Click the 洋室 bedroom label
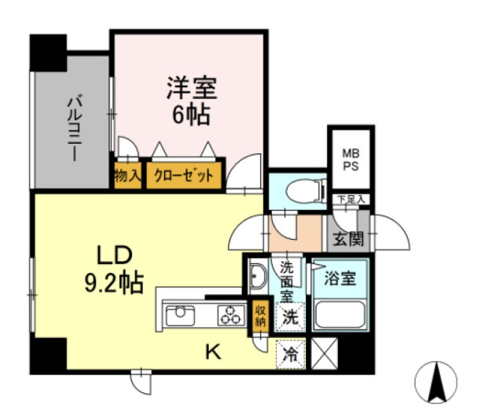click(192, 88)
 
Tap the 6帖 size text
click(192, 115)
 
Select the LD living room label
click(115, 255)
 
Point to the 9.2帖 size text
click(114, 283)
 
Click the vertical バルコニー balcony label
click(74, 127)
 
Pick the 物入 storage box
click(127, 175)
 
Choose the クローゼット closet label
click(184, 175)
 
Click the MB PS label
click(351, 160)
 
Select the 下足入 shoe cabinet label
click(351, 199)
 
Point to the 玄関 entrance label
click(348, 239)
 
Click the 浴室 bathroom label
click(340, 277)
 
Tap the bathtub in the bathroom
click(340, 314)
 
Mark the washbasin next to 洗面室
click(257, 276)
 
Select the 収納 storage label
click(260, 316)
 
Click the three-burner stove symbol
click(229, 315)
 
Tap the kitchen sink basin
click(180, 316)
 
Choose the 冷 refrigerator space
click(290, 355)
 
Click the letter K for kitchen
click(213, 353)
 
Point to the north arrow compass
click(435, 382)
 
